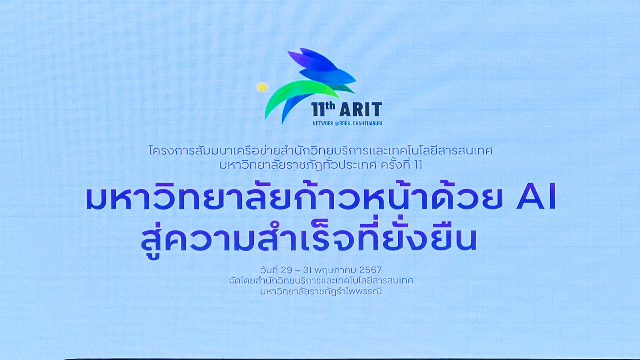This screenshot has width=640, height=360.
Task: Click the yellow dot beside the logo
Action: [262, 87]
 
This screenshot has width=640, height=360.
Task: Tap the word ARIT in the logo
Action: [360, 110]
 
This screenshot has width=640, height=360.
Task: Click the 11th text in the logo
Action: [323, 109]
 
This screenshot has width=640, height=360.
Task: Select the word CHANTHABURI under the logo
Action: [367, 124]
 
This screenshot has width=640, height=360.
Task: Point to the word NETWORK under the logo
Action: [323, 124]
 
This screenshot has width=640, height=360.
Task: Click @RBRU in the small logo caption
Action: [343, 124]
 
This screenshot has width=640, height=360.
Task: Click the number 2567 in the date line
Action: [370, 270]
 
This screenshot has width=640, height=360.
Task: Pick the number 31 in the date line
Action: [308, 270]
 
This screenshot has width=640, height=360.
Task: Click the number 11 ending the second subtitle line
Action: [418, 165]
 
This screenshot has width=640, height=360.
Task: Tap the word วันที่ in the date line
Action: [269, 270]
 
